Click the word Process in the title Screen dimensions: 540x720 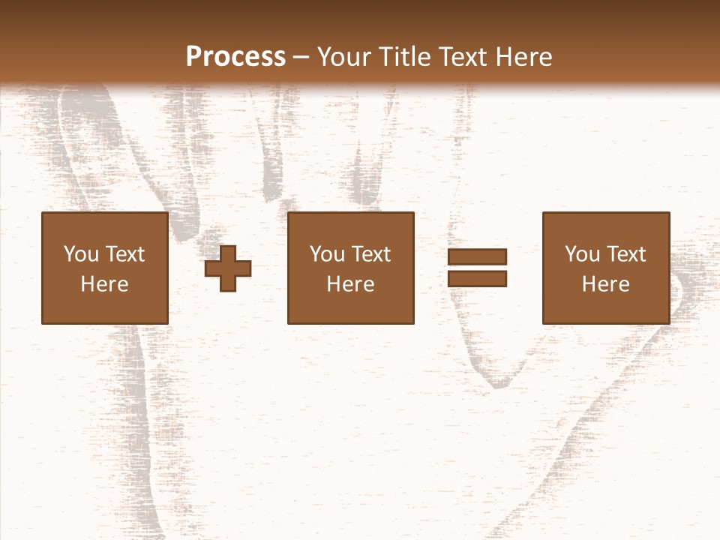(x=235, y=57)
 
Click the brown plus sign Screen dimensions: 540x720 (x=229, y=268)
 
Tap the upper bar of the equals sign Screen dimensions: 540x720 (x=478, y=256)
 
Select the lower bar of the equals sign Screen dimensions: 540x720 (x=478, y=279)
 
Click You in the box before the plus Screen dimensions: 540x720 (x=81, y=254)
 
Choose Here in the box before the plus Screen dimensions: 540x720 (x=104, y=284)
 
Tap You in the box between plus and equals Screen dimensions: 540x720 (x=327, y=254)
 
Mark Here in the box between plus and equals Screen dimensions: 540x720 (x=350, y=284)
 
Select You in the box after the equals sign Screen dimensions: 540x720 (x=582, y=254)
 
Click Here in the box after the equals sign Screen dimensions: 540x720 (x=605, y=284)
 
